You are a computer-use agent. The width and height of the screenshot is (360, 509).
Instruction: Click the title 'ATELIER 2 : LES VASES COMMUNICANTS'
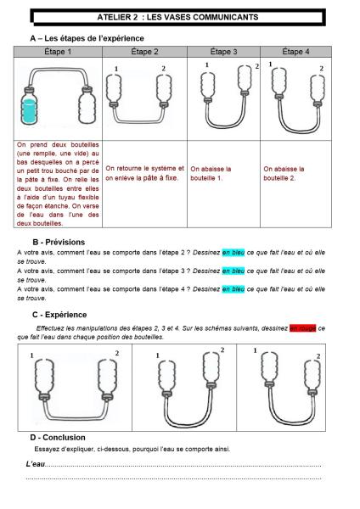pyautogui.click(x=177, y=17)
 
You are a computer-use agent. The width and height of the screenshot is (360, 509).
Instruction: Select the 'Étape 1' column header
pyautogui.click(x=58, y=52)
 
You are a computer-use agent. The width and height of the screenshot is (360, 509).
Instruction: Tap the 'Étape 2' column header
pyautogui.click(x=144, y=52)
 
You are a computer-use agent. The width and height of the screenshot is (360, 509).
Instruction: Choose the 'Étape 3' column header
pyautogui.click(x=223, y=52)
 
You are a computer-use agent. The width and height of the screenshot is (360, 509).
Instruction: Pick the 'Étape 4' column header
pyautogui.click(x=295, y=52)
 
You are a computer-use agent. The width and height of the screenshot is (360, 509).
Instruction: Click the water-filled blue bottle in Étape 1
pyautogui.click(x=29, y=106)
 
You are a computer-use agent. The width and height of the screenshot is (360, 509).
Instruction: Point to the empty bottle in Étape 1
pyautogui.click(x=87, y=105)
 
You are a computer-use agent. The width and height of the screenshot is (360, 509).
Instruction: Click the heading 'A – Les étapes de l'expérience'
pyautogui.click(x=87, y=38)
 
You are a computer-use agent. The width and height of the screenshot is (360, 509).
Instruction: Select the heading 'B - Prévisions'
pyautogui.click(x=59, y=242)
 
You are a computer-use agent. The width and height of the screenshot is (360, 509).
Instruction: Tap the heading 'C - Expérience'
pyautogui.click(x=59, y=315)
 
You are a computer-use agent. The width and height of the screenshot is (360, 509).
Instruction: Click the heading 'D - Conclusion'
pyautogui.click(x=58, y=438)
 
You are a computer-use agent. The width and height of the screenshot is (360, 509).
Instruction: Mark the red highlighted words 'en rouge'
pyautogui.click(x=303, y=328)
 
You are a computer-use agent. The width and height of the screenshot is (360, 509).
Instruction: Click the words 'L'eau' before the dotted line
pyautogui.click(x=36, y=464)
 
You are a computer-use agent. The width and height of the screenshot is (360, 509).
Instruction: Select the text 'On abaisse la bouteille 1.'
pyautogui.click(x=211, y=173)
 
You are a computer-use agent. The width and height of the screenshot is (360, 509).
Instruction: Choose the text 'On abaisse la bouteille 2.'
pyautogui.click(x=284, y=173)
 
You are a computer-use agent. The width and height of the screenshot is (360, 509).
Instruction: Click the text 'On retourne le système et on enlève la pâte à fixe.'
pyautogui.click(x=144, y=173)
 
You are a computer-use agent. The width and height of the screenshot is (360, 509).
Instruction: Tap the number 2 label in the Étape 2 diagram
pyautogui.click(x=163, y=69)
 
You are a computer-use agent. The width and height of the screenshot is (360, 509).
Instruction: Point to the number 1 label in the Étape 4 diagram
pyautogui.click(x=270, y=64)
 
